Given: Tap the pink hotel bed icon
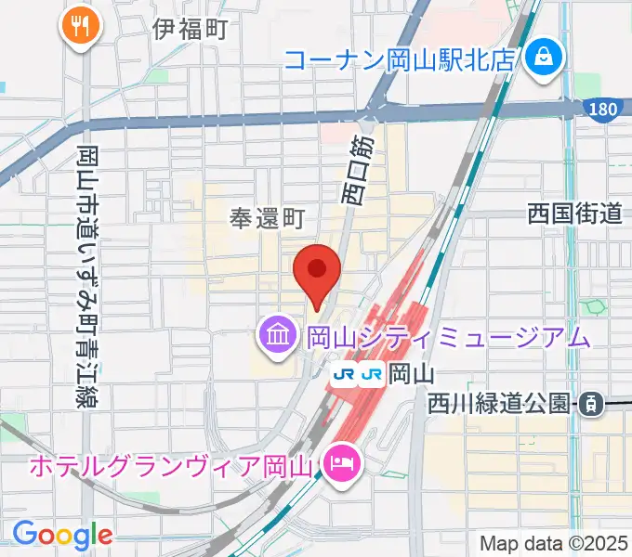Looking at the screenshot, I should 341,462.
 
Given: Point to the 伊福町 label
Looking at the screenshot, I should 191,30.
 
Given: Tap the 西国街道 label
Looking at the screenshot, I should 573,214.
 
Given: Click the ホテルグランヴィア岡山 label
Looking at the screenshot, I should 173,463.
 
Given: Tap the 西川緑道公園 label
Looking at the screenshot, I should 498,403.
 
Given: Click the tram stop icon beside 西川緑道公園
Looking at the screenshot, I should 589,403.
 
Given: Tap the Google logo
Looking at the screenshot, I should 62,535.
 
